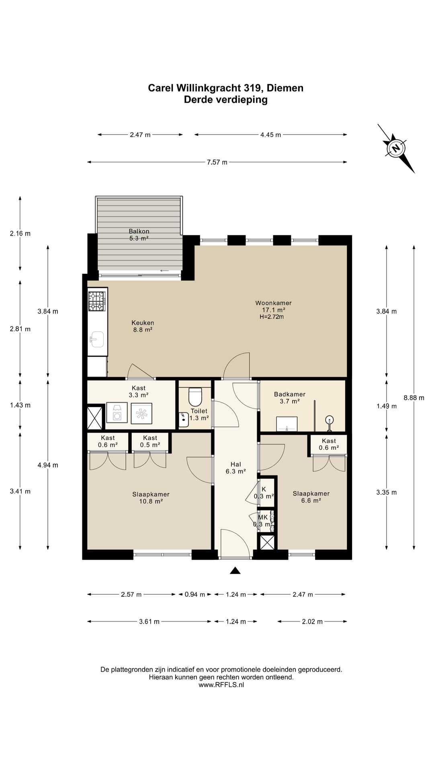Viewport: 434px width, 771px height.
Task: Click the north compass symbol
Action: click(x=396, y=148)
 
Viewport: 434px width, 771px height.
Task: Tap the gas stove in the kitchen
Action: click(x=96, y=301)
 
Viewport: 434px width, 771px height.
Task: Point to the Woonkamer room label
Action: click(x=273, y=303)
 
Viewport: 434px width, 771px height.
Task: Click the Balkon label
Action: click(x=139, y=231)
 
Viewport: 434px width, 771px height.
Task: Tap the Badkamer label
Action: click(x=290, y=394)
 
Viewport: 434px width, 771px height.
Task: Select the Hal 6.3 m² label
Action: click(x=236, y=468)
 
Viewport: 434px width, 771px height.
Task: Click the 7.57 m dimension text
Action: click(x=217, y=162)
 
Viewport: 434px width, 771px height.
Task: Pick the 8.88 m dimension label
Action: click(x=414, y=398)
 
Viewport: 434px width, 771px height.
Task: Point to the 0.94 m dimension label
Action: click(x=195, y=594)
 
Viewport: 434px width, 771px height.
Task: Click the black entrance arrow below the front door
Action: click(x=235, y=570)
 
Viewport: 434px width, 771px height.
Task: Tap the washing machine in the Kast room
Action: click(x=117, y=413)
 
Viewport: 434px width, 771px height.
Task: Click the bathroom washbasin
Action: click(x=287, y=424)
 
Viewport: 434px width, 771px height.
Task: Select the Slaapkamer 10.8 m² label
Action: click(x=151, y=498)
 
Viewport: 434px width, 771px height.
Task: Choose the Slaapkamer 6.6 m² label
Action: click(x=311, y=497)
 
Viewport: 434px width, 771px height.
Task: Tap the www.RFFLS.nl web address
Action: click(x=221, y=685)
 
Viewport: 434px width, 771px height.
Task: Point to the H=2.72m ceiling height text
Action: click(x=272, y=317)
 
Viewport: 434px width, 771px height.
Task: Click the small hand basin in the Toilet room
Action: click(x=184, y=419)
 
